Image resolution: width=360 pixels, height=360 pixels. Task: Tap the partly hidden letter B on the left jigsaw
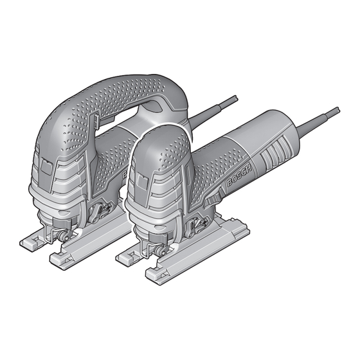pyautogui.click(x=124, y=175)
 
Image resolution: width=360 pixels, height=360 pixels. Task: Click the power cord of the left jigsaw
pyautogui.click(x=213, y=111)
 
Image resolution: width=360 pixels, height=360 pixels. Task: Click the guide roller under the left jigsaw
pyautogui.click(x=65, y=236)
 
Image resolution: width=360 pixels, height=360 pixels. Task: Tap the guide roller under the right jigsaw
pyautogui.click(x=161, y=251)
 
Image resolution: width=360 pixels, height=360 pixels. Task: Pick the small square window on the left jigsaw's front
pyautogui.click(x=48, y=167)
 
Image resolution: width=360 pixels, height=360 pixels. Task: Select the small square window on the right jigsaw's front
pyautogui.click(x=143, y=179)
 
